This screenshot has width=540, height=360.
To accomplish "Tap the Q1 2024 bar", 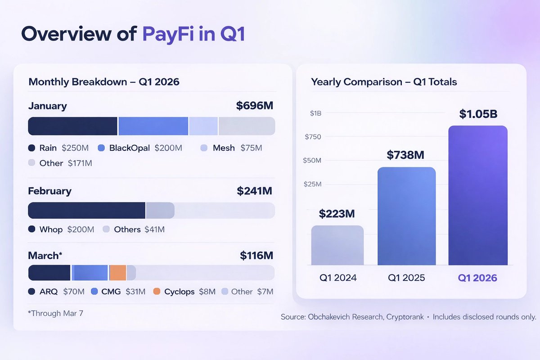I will click(x=337, y=245).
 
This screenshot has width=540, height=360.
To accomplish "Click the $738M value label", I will click(x=406, y=155).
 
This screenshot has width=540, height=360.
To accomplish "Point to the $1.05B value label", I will click(x=478, y=114).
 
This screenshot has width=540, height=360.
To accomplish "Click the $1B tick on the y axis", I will click(x=315, y=113).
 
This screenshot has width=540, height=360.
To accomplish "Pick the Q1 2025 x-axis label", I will click(x=406, y=278).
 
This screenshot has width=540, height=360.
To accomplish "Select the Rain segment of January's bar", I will click(x=73, y=126).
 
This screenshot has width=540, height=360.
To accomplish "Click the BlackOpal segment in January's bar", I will click(x=153, y=126).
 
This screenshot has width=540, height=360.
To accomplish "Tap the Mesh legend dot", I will click(x=204, y=148).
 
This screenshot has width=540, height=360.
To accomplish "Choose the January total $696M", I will click(x=254, y=106).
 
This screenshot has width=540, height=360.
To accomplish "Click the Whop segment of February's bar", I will click(x=87, y=211).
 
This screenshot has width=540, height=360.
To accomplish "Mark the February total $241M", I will click(x=254, y=191).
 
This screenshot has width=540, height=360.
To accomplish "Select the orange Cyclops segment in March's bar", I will click(x=117, y=273).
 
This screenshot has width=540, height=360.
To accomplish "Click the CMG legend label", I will click(x=111, y=292).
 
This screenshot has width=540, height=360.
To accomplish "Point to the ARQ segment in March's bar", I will click(x=49, y=273).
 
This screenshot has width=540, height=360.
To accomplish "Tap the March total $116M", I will click(x=256, y=256).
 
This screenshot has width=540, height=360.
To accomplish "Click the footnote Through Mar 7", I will click(x=55, y=313).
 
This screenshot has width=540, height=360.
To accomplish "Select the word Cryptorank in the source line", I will click(x=405, y=317).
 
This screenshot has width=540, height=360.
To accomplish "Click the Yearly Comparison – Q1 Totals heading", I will click(x=384, y=82).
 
